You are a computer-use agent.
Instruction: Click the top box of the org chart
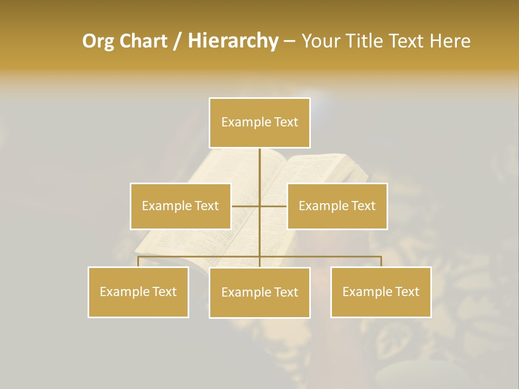point(259,123)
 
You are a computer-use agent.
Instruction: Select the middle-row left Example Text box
point(181,206)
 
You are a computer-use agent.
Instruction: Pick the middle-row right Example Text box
point(337,206)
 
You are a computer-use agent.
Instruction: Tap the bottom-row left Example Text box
point(138,292)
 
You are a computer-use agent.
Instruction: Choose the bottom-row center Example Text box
point(259,293)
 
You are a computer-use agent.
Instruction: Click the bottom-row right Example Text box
point(381,292)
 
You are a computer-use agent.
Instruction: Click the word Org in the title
point(98,41)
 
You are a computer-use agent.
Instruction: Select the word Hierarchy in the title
point(232,41)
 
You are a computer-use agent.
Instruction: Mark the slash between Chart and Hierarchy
point(177,41)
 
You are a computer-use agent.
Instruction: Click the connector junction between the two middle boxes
point(259,206)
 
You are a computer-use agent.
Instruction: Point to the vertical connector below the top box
point(259,167)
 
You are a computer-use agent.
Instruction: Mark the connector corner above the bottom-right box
point(381,257)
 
